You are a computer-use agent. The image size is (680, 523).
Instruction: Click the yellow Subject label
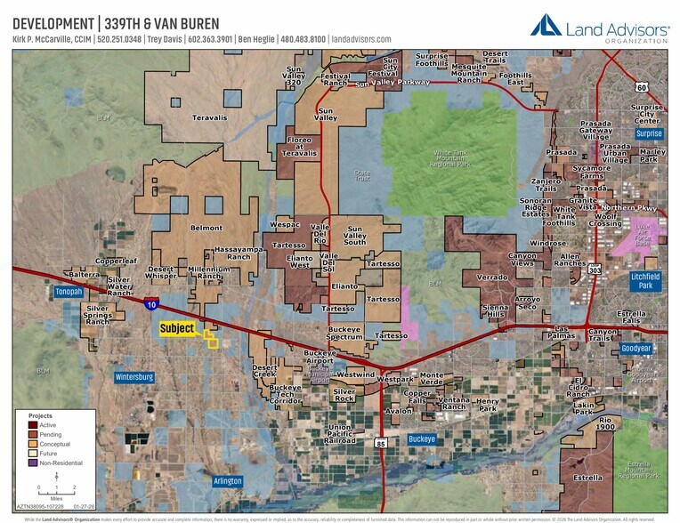(x=176, y=328)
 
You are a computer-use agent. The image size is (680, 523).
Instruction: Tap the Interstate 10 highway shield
(x=152, y=304)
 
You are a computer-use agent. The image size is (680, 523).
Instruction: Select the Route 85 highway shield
(x=381, y=442)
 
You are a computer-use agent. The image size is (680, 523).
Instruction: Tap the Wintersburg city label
(x=134, y=377)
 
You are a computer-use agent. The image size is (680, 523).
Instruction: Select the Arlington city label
(x=227, y=480)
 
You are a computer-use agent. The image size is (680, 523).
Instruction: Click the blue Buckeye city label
(x=422, y=439)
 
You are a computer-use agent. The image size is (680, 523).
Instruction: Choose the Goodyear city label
(x=635, y=349)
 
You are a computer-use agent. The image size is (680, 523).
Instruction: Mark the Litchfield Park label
(x=645, y=280)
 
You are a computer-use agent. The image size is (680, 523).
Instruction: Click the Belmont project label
(x=206, y=228)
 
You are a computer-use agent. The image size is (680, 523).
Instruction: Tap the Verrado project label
(x=491, y=277)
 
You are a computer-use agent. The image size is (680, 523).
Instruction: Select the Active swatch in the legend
(x=33, y=424)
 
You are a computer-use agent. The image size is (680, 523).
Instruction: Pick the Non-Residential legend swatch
(x=33, y=463)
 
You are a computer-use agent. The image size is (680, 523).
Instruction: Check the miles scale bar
(x=56, y=482)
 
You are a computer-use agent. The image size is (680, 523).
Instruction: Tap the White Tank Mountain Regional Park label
(x=442, y=158)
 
